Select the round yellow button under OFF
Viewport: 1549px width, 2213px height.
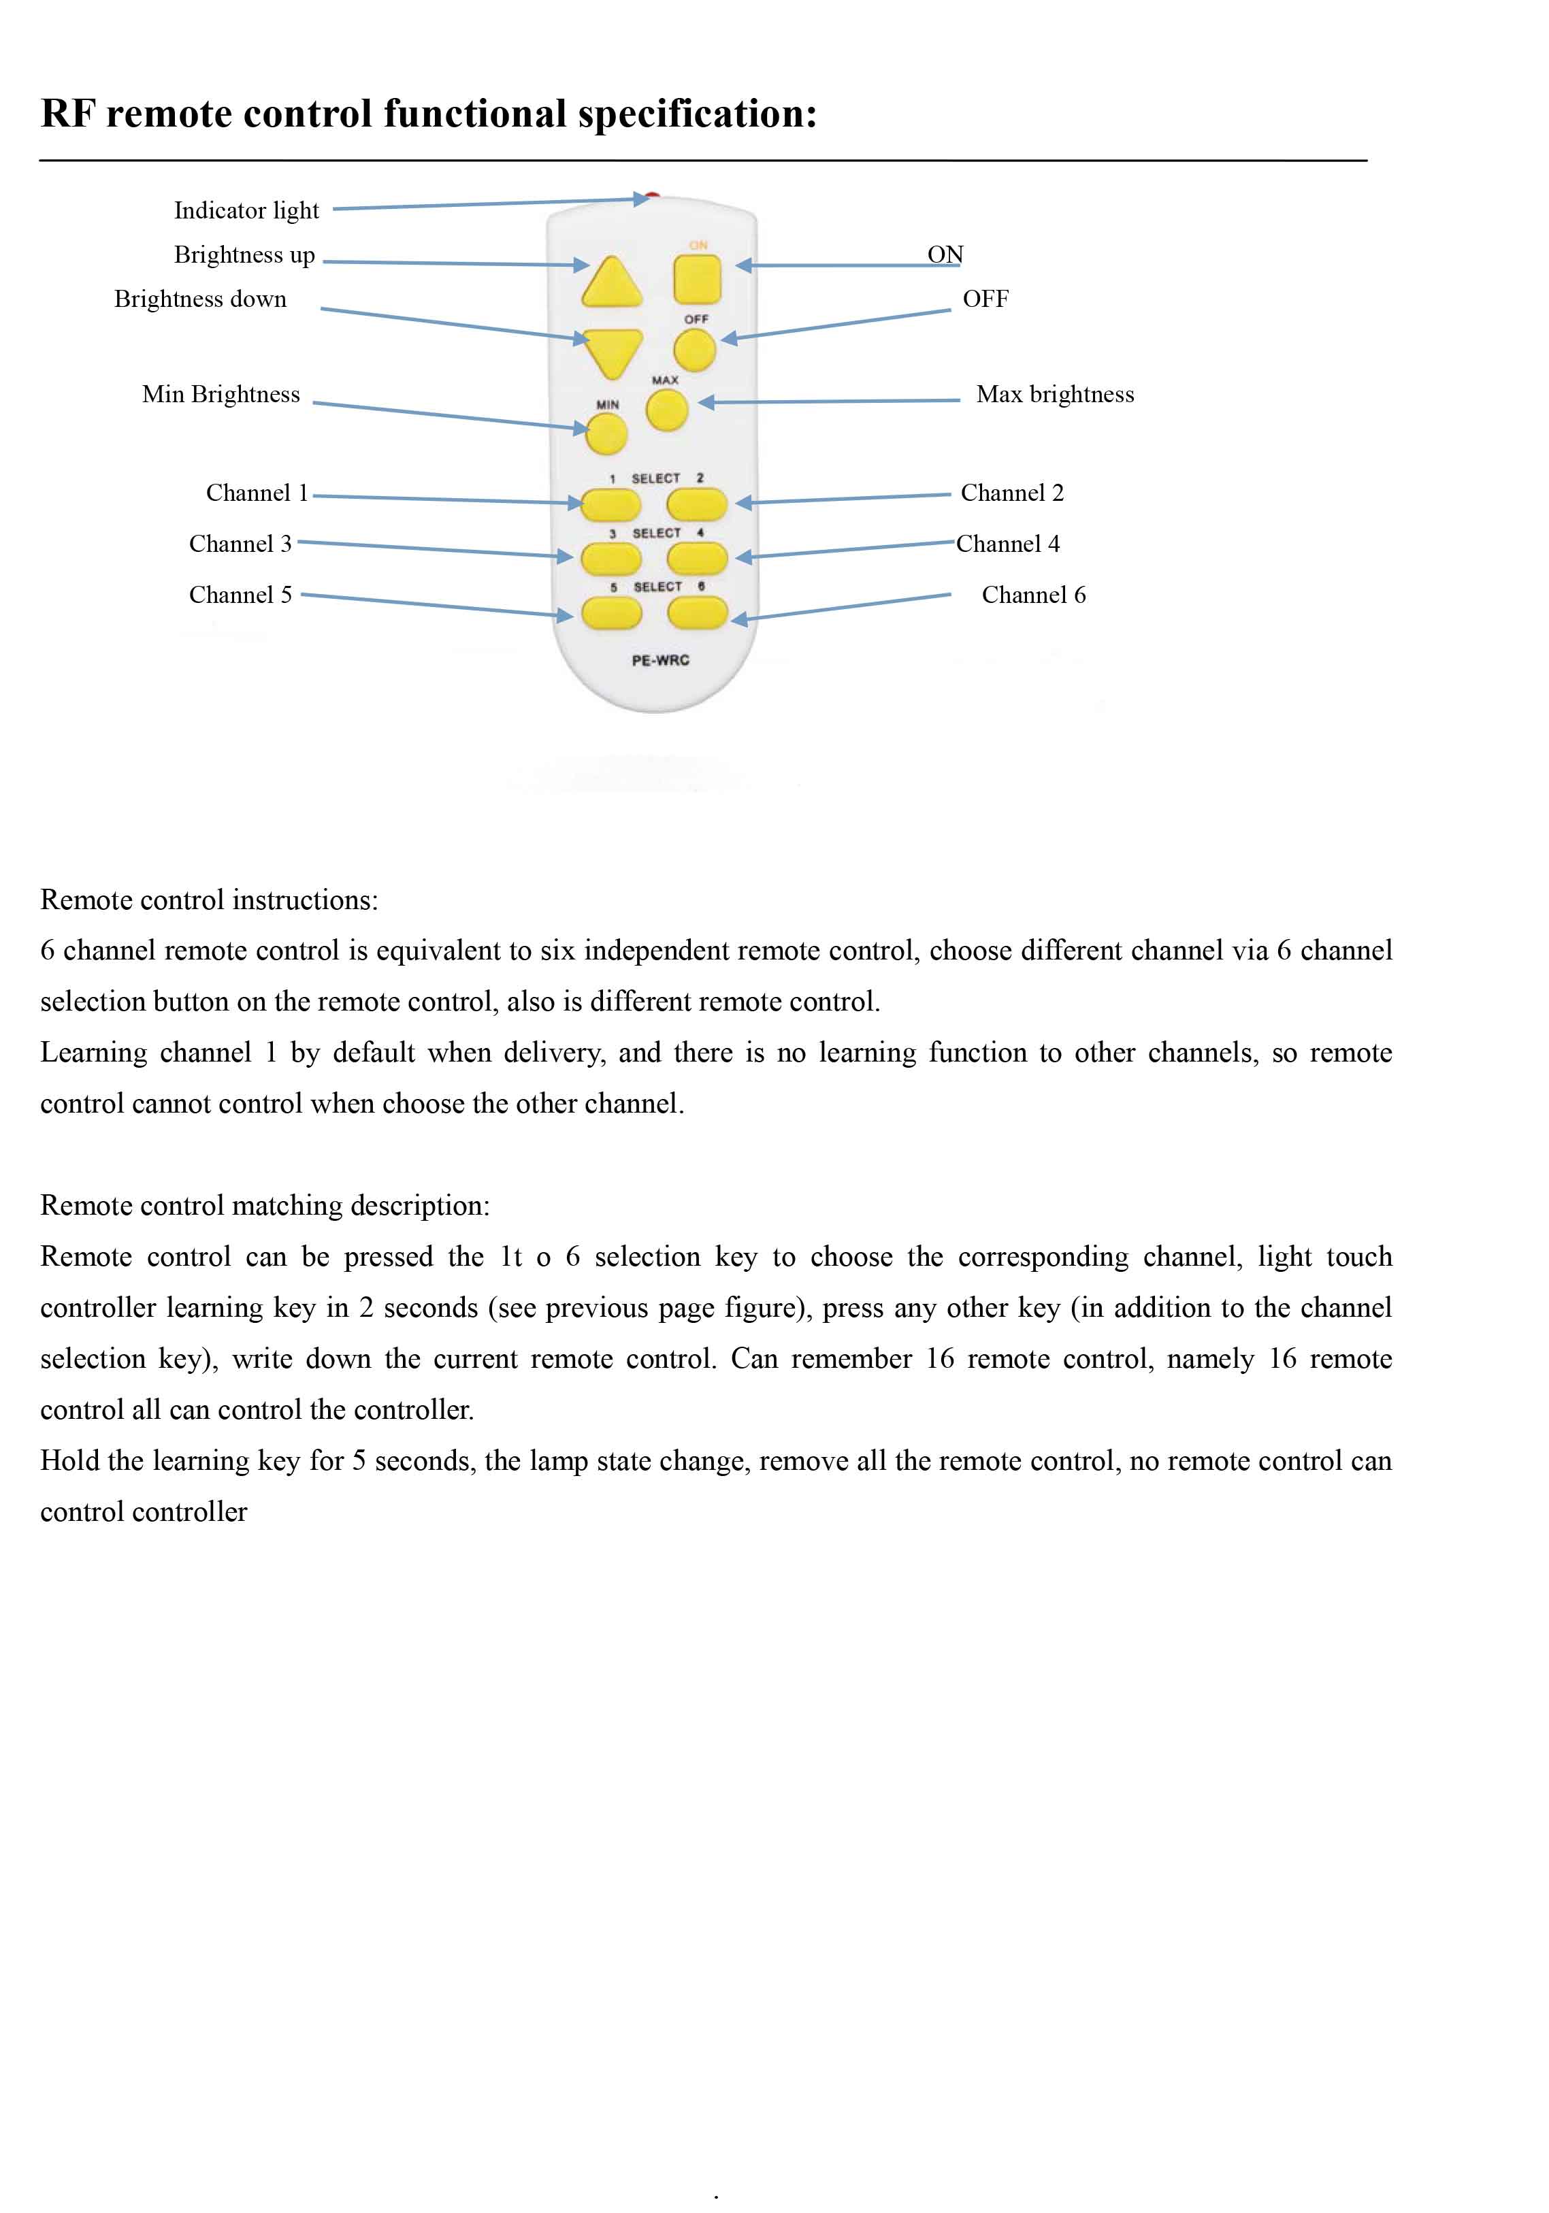694,350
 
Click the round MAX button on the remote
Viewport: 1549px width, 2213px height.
666,410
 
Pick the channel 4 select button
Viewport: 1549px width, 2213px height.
696,557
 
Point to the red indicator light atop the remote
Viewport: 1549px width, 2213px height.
653,197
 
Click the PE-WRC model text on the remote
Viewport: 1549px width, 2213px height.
660,660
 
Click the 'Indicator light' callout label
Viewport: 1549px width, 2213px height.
246,210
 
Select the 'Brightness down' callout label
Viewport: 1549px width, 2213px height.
201,299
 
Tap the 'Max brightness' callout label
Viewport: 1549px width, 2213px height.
1054,394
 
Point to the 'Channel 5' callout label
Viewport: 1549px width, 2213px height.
240,595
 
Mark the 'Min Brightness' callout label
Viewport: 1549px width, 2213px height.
221,394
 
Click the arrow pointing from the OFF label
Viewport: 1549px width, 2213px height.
835,325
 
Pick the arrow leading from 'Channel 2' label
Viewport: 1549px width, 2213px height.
843,498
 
